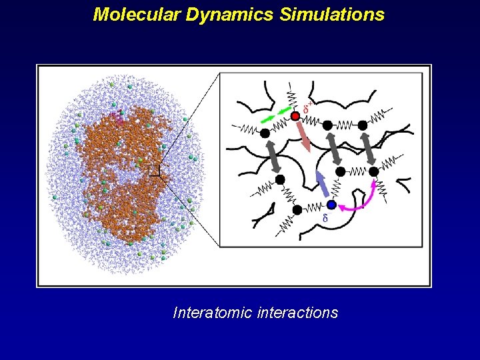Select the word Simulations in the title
tap(331, 14)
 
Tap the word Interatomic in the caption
tap(212, 312)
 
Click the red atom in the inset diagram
tap(295, 117)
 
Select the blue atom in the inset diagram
tap(331, 205)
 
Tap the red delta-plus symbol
tap(308, 106)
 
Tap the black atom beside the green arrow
tap(265, 133)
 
